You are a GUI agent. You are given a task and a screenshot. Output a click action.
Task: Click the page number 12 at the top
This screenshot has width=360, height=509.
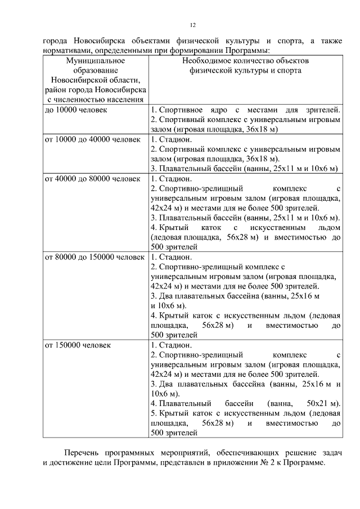coord(192,25)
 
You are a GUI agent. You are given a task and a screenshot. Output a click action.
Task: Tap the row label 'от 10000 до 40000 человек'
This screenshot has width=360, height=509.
coord(92,139)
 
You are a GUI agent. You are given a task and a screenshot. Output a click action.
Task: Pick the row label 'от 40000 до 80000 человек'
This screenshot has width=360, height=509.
coord(92,179)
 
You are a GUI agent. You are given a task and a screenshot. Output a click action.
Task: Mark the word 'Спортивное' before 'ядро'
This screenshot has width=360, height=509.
coord(179,110)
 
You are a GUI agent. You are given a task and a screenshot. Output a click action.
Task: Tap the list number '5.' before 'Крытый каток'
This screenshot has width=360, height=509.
coord(154,413)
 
